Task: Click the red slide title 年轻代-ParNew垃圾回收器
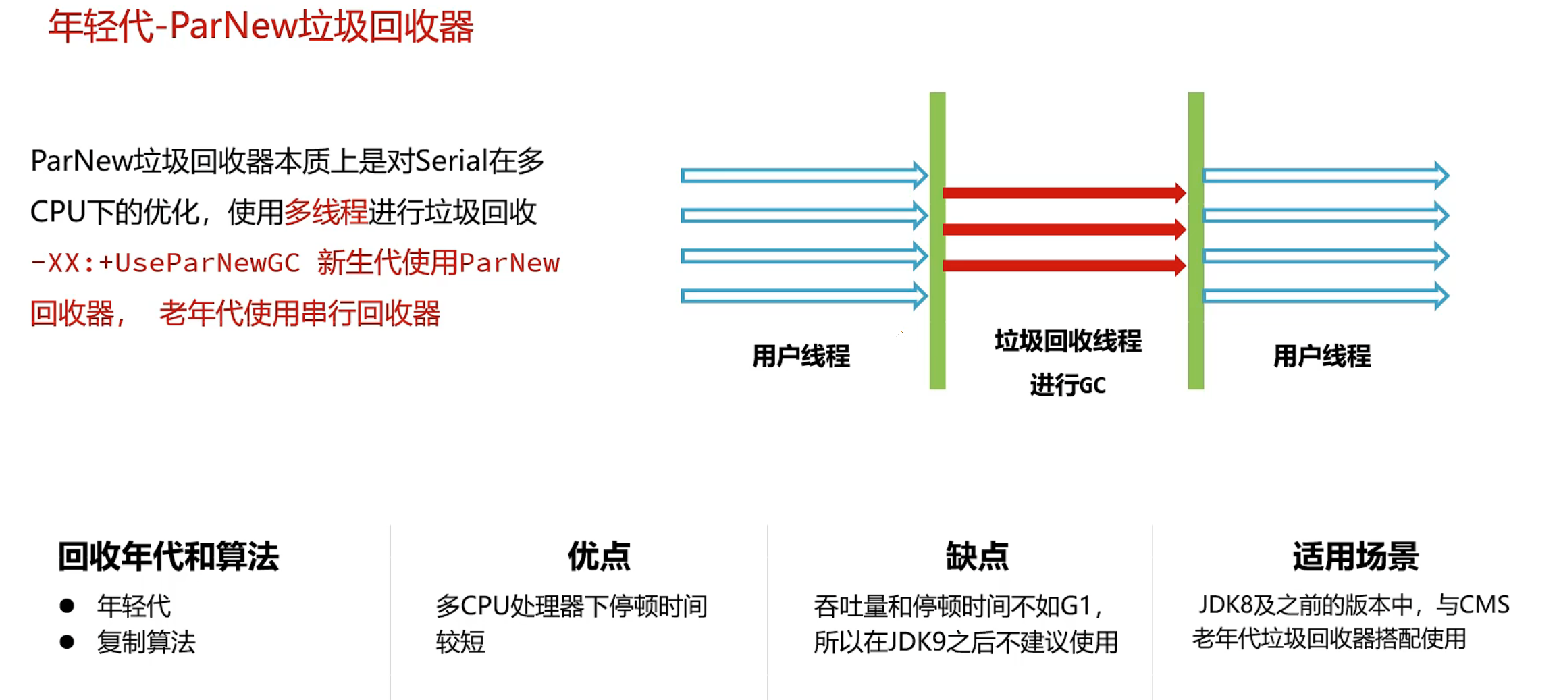261,27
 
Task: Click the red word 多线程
325,212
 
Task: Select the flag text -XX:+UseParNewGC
165,263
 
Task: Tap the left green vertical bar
937,240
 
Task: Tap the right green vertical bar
1196,240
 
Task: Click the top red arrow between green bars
1063,193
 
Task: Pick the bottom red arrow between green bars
1063,265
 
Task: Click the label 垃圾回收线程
1067,341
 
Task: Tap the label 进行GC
1067,385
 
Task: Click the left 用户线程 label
801,356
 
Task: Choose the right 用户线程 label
1322,356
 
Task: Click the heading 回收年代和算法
168,557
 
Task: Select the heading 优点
599,557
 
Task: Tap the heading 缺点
976,557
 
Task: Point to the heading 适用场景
1355,557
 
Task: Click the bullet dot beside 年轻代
67,605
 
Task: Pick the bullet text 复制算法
146,641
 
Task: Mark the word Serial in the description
451,161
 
